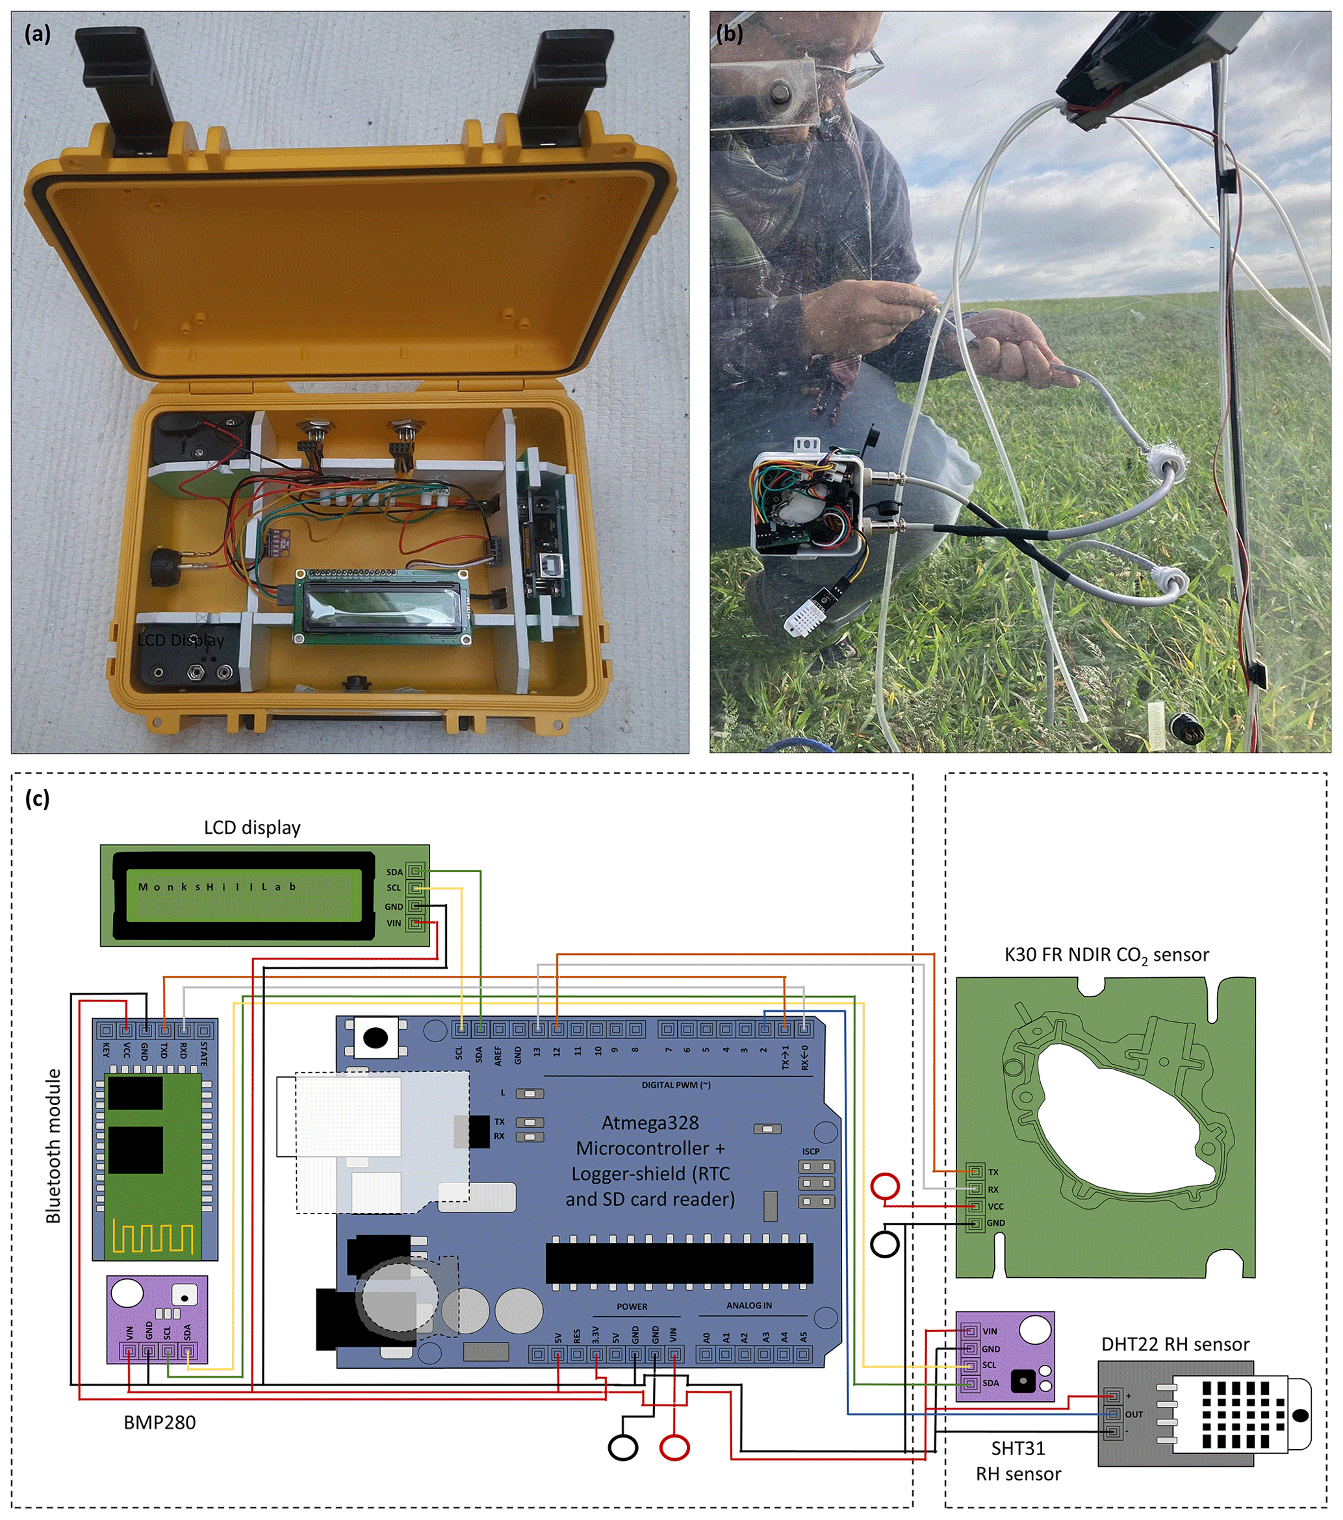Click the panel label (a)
click(x=37, y=34)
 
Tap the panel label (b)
click(x=729, y=34)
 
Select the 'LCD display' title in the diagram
click(x=252, y=828)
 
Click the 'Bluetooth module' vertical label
click(x=53, y=1146)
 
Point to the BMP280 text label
click(x=159, y=1423)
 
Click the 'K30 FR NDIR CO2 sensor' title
click(x=1106, y=955)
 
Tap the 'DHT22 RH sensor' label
click(x=1175, y=1345)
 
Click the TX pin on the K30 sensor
click(x=974, y=1172)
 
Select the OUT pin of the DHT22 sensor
click(x=1113, y=1414)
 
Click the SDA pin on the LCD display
click(x=415, y=871)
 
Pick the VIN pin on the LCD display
click(x=415, y=923)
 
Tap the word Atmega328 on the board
click(x=650, y=1123)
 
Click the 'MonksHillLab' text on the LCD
click(x=217, y=886)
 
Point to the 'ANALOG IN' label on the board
click(x=748, y=1305)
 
